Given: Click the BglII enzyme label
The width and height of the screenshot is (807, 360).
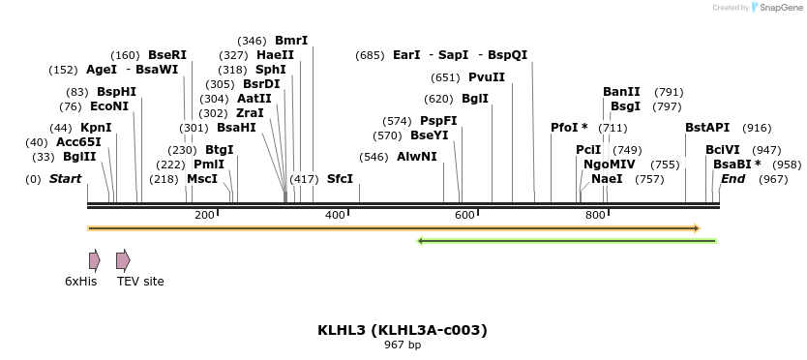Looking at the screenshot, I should (x=79, y=157).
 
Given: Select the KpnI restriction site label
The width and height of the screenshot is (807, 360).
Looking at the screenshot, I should (x=96, y=128).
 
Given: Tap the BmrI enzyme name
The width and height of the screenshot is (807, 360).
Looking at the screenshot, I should (x=291, y=41).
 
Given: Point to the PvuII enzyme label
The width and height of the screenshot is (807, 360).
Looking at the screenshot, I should (x=487, y=77).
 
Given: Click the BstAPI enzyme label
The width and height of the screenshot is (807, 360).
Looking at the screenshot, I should (x=707, y=128).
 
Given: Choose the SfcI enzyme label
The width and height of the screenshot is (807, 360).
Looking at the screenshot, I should (x=340, y=179).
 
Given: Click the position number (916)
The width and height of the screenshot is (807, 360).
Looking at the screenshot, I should (x=757, y=128).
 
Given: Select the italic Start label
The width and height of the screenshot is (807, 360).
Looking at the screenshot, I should (x=65, y=179).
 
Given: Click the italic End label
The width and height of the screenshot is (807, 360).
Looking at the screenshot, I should (x=733, y=179).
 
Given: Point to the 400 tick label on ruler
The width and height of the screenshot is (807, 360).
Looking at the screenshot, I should (x=335, y=215).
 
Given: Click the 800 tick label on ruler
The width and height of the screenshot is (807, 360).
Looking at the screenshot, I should (x=596, y=215).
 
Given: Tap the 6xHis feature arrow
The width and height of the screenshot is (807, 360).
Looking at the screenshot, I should (x=94, y=260).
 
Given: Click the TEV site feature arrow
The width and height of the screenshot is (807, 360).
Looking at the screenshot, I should (x=123, y=260).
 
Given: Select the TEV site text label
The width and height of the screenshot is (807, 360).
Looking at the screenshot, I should (x=140, y=282).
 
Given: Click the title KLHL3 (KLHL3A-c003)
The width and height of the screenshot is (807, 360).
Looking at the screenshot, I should (x=403, y=330).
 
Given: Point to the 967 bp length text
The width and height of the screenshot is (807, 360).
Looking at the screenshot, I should (x=403, y=345).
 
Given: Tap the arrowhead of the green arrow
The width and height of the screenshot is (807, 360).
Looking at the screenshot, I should (x=421, y=240).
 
